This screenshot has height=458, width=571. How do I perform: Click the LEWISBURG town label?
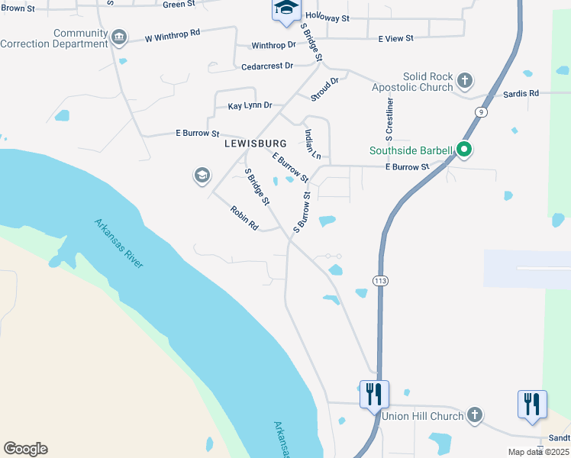click(255, 144)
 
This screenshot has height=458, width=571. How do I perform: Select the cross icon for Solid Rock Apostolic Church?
click(464, 80)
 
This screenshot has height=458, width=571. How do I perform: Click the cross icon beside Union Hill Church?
click(474, 415)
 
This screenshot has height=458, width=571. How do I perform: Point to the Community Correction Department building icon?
click(118, 37)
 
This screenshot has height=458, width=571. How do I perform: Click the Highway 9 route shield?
click(479, 112)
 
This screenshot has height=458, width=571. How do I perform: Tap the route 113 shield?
click(380, 281)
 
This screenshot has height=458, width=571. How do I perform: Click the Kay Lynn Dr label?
click(250, 105)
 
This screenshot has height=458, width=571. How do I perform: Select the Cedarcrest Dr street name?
click(267, 66)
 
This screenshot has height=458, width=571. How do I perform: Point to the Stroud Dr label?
click(324, 89)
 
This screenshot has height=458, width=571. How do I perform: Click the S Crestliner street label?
click(390, 120)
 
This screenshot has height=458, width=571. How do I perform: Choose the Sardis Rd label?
click(521, 93)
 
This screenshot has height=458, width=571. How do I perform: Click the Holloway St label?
click(327, 17)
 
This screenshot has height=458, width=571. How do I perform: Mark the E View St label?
click(395, 38)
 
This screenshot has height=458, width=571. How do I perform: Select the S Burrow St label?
click(302, 214)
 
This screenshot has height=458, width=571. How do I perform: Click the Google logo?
click(25, 449)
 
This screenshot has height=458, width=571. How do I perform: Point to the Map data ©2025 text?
click(538, 452)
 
